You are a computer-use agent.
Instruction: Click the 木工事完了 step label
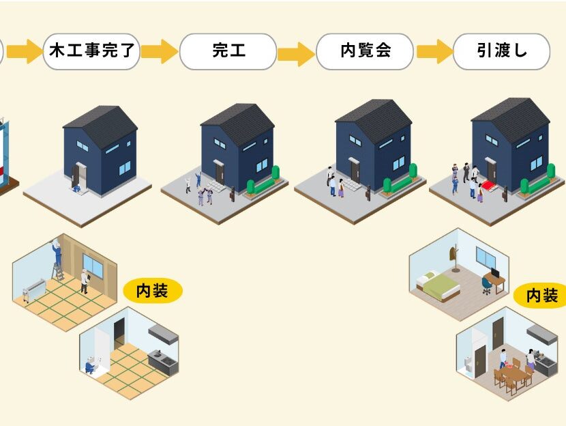coord(91,51)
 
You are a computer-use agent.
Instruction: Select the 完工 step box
coord(228,51)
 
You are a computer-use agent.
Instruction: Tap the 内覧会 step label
coord(365,51)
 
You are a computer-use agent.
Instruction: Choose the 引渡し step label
coord(501,51)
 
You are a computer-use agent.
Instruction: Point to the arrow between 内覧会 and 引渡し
coord(434,51)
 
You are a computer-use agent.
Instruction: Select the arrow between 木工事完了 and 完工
coord(160,51)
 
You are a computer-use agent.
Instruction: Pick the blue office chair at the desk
coord(486,285)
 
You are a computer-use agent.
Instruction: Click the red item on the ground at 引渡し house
coord(486,186)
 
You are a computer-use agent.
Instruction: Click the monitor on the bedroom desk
coord(496,272)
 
